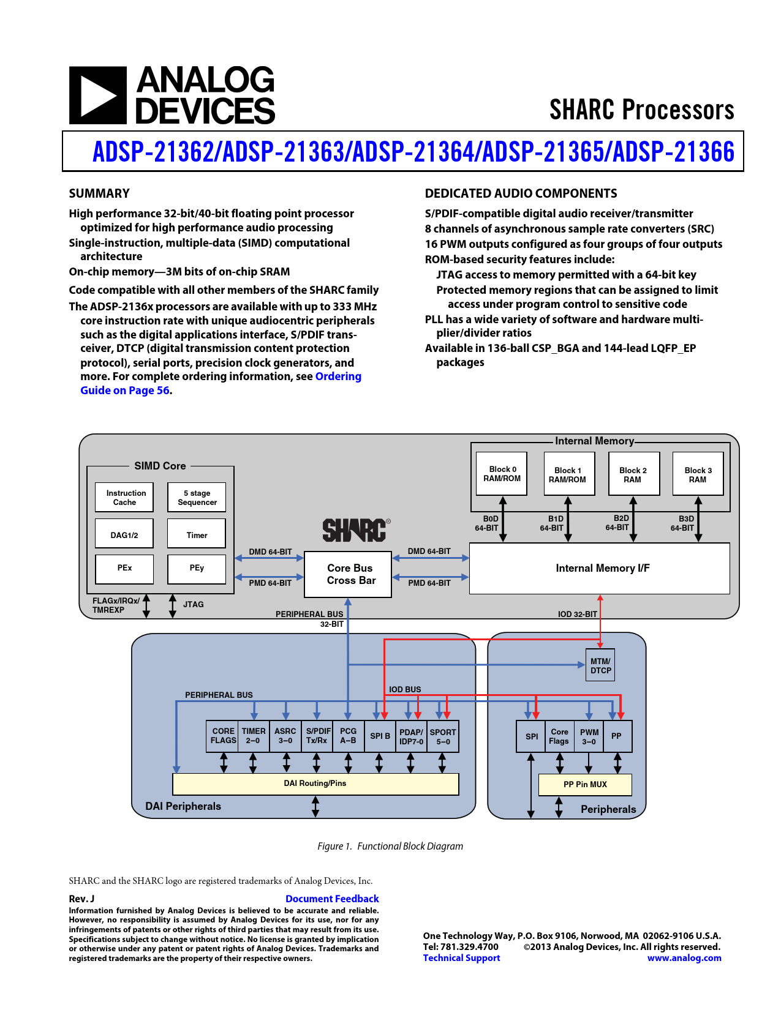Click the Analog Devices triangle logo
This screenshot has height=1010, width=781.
point(98,95)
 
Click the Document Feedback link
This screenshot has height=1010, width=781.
point(332,899)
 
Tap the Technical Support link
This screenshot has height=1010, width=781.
point(461,958)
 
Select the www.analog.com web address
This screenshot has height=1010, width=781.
point(684,958)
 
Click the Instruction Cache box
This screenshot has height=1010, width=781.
point(124,497)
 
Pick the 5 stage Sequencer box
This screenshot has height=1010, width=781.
point(197,497)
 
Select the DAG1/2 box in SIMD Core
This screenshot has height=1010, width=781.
point(124,534)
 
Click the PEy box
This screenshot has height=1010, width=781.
point(197,568)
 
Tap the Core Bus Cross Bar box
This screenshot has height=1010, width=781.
point(349,574)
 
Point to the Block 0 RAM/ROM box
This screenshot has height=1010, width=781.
point(502,474)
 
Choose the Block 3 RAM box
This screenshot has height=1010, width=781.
point(698,474)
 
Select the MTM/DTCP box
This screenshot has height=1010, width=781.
point(600,665)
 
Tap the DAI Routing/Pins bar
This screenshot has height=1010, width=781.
point(315,784)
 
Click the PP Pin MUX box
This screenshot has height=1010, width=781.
point(585,784)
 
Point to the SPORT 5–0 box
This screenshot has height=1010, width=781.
point(443,736)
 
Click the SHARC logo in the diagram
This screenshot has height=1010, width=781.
point(355,530)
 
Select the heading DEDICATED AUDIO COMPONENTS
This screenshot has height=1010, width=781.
point(521,193)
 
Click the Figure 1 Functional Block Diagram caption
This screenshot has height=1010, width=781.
point(390,846)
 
